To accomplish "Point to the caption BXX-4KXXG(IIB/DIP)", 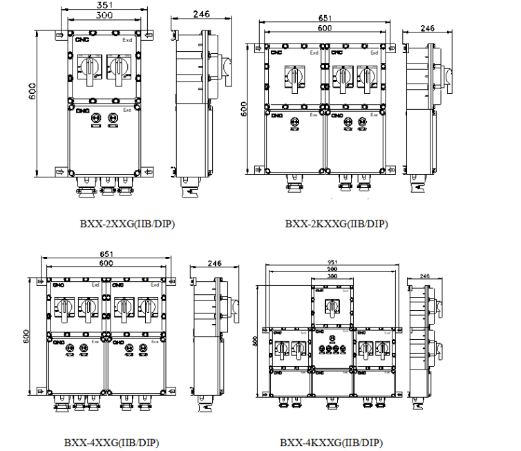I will [331, 442].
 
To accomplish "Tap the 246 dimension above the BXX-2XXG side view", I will [182, 14].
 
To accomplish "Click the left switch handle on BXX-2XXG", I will [90, 68].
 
